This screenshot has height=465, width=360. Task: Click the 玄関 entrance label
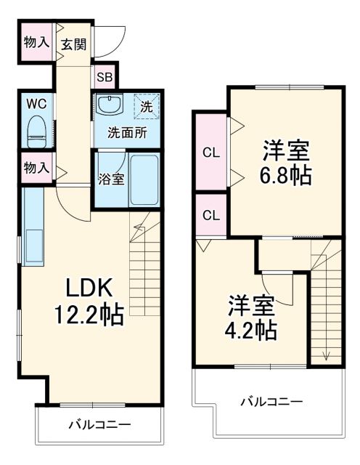73,44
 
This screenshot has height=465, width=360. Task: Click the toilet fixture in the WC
36,131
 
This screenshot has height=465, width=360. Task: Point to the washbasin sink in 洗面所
110,105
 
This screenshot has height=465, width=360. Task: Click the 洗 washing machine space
146,106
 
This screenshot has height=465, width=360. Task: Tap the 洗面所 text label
128,133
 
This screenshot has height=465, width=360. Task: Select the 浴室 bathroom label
111,179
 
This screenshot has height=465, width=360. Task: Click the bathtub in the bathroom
144,179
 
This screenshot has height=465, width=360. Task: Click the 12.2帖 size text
86,315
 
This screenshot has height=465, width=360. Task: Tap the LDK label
89,288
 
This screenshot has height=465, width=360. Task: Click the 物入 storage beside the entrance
36,43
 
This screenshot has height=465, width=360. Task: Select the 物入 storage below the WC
36,168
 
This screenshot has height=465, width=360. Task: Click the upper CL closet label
211,153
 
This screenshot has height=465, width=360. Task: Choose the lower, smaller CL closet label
211,215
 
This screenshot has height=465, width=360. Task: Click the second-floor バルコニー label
271,401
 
